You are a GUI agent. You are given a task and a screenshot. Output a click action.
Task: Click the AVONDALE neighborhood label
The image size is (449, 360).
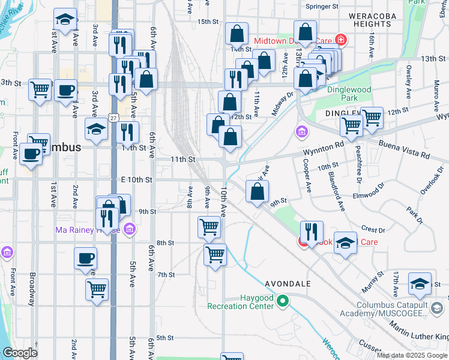click(287, 283)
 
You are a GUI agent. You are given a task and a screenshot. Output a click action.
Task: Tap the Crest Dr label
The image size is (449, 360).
click(373, 230)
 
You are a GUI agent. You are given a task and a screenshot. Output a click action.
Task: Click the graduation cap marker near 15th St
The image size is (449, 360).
click(65, 20)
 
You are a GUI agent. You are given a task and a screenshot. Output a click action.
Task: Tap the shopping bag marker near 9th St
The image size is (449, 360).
click(257, 193)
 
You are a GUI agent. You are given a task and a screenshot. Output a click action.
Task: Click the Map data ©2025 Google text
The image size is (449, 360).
click(412, 355)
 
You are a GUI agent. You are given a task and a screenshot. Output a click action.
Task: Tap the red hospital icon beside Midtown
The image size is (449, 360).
click(341, 41)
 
